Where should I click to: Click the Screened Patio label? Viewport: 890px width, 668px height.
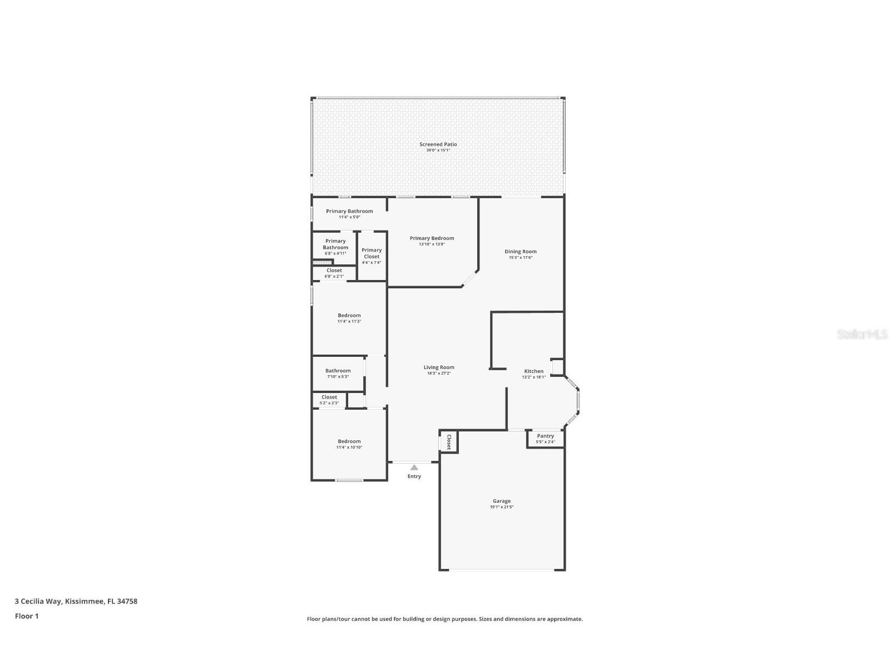438,144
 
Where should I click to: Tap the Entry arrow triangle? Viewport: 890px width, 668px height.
414,468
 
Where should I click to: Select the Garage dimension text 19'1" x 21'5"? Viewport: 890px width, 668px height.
501,507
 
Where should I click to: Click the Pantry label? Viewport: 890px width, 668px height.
545,436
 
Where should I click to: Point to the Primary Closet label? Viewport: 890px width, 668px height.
372,253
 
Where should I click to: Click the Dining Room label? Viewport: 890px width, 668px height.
520,252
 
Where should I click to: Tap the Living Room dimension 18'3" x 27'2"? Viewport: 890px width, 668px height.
439,374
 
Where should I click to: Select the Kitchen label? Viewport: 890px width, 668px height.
533,371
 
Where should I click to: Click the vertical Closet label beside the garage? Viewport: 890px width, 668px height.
449,441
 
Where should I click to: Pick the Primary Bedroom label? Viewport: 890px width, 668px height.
432,238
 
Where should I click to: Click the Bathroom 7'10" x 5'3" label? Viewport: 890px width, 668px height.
338,371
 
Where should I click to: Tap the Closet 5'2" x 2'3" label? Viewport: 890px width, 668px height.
329,397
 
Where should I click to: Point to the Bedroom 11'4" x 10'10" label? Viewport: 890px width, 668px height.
349,441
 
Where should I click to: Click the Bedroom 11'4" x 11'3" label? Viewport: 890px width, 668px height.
349,316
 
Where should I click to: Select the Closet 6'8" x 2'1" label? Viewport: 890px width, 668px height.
334,271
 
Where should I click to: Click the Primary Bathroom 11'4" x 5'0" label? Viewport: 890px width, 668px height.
349,212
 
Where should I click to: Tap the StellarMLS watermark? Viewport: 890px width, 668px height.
862,334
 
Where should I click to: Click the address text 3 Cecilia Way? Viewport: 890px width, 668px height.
38,601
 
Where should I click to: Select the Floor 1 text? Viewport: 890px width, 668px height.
26,616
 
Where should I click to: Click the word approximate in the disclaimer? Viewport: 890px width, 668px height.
564,619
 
